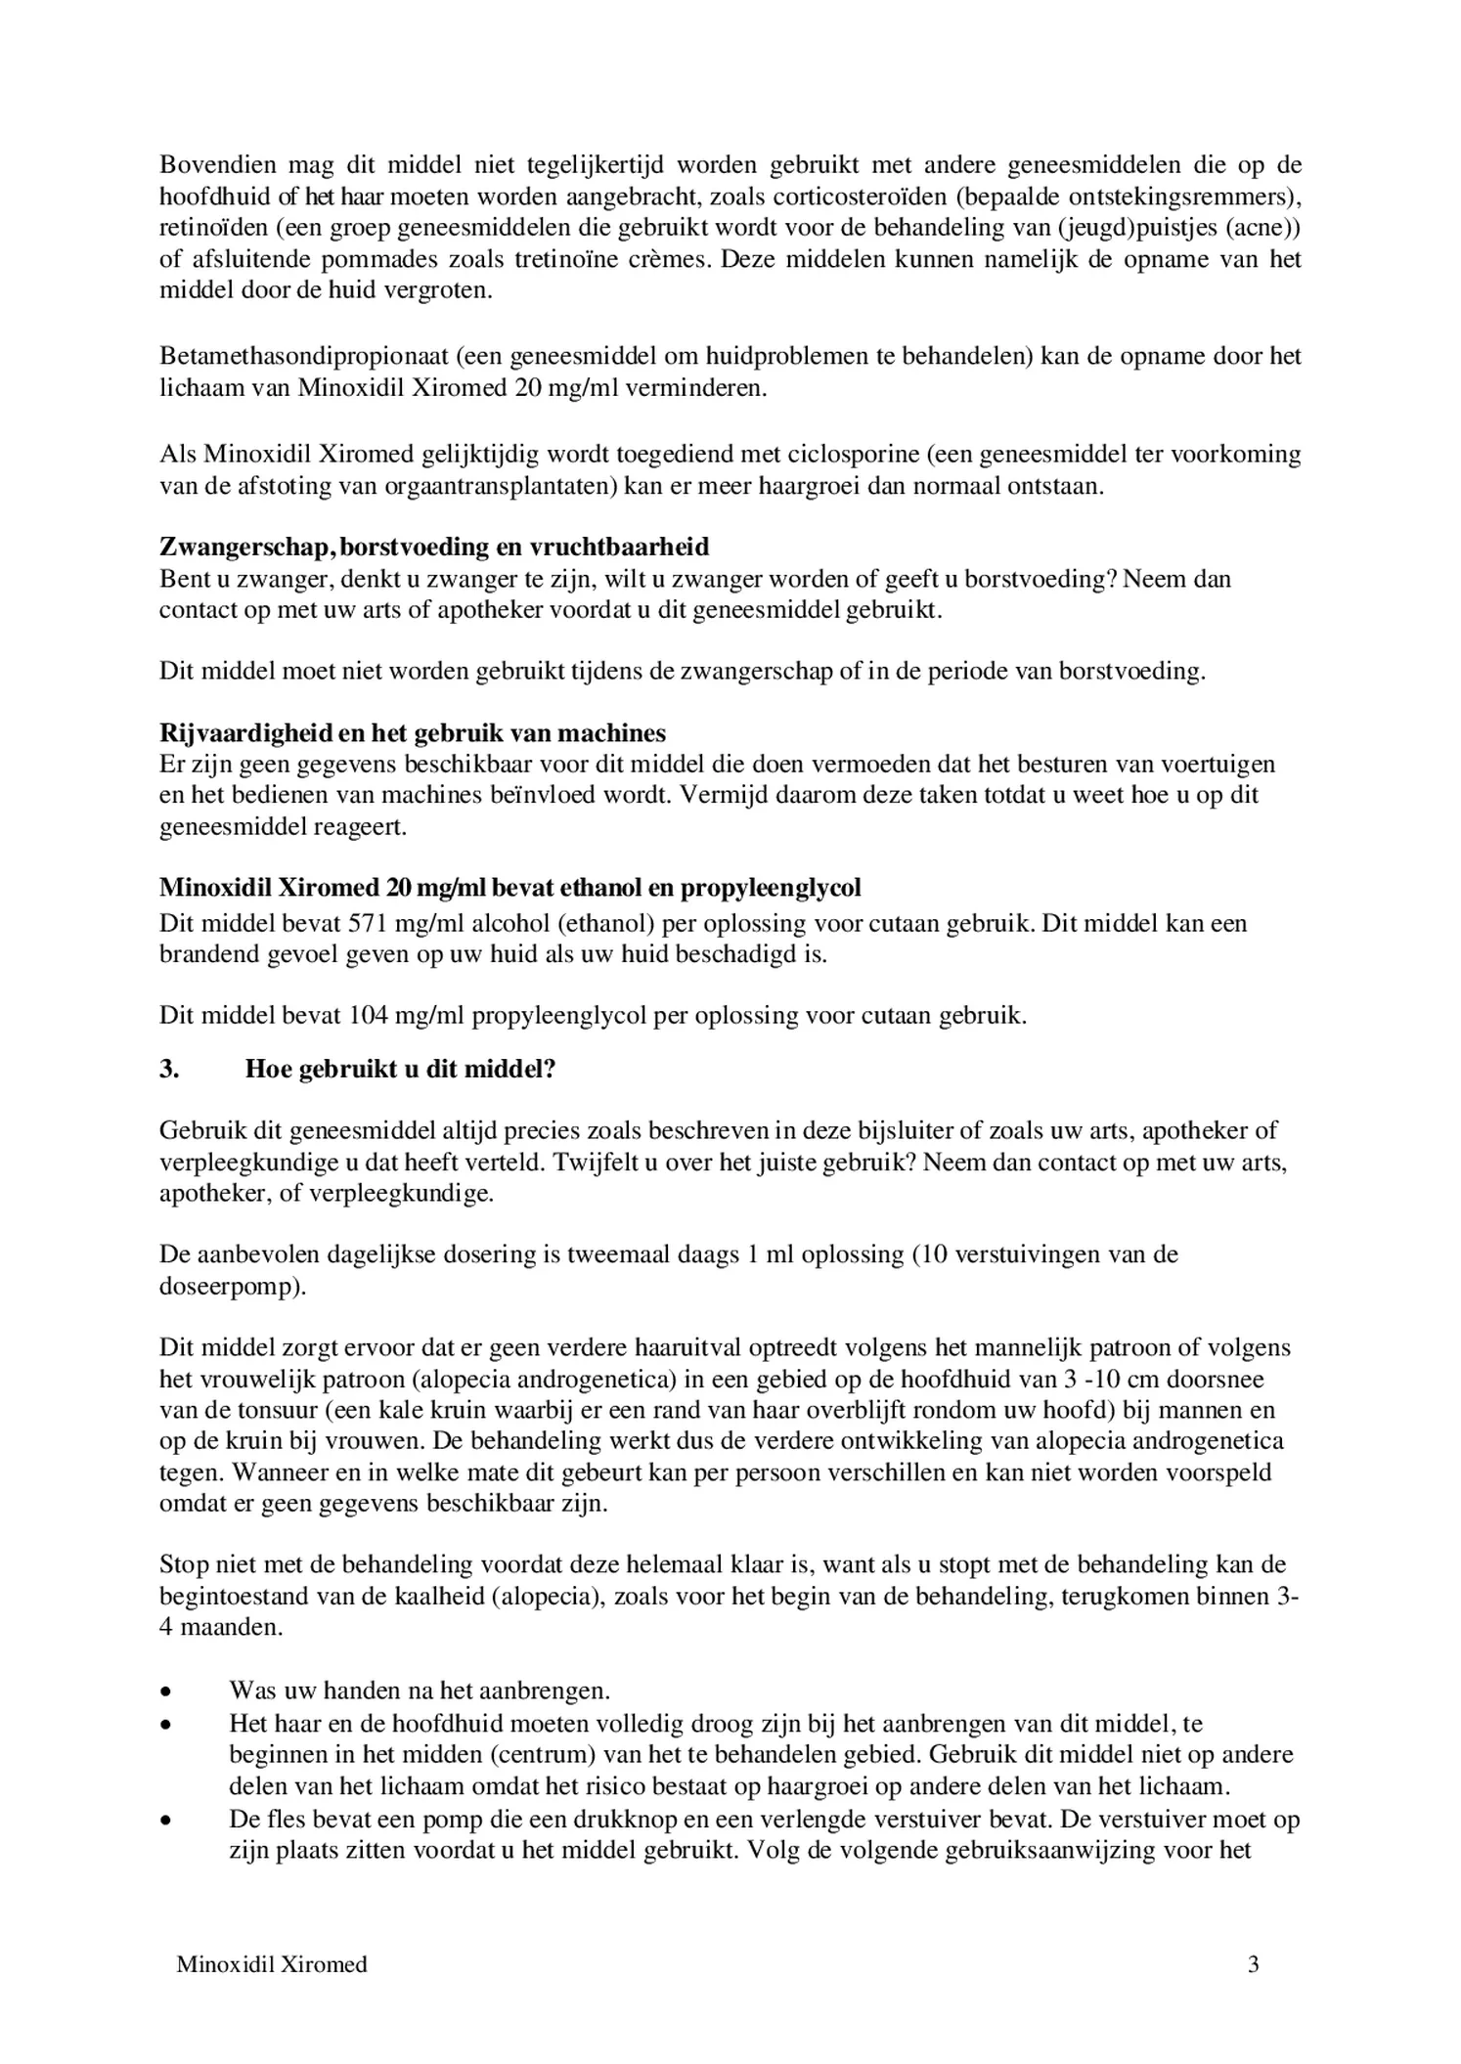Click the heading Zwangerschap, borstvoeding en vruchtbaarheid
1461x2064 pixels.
(434, 547)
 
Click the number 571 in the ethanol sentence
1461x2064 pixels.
(368, 923)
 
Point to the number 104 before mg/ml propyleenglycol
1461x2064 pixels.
(368, 1016)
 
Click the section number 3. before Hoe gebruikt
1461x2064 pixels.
(169, 1069)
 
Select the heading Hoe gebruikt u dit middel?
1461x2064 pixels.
(400, 1069)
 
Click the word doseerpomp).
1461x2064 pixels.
(233, 1286)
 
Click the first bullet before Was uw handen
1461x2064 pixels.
(167, 1691)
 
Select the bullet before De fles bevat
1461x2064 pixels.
(167, 1821)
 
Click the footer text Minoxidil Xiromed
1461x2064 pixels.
(272, 1964)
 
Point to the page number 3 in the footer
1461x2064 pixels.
(1253, 1964)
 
